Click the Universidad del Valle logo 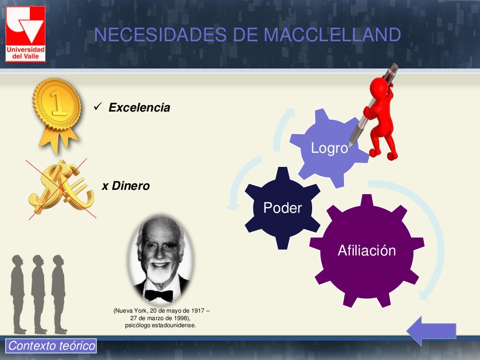click(x=25, y=34)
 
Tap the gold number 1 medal click(x=57, y=106)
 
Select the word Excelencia click(x=139, y=108)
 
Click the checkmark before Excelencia click(x=98, y=107)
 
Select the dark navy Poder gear click(x=282, y=208)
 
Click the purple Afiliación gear click(x=367, y=250)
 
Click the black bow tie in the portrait click(x=158, y=295)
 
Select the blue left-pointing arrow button click(x=431, y=330)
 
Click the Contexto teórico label click(x=52, y=346)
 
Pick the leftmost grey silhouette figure click(x=18, y=293)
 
